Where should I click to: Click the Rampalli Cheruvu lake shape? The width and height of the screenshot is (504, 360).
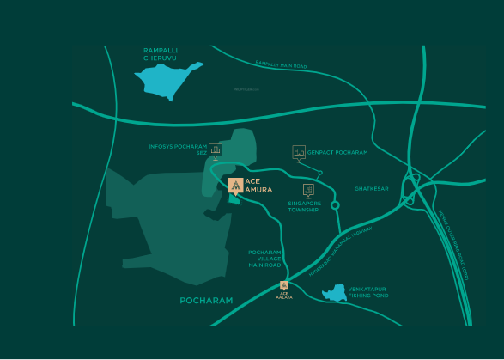coord(167,80)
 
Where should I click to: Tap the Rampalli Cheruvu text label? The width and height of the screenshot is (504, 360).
coord(161,53)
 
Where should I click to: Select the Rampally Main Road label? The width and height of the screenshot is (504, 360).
coord(281,64)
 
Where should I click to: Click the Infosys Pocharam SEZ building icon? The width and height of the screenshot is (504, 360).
coord(215,150)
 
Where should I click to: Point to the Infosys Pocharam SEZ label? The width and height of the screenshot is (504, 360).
coord(178,149)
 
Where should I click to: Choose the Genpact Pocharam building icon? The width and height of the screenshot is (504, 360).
coord(299,152)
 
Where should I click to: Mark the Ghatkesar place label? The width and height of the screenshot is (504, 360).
coord(372,188)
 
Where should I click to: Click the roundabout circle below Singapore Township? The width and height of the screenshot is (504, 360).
coord(336,205)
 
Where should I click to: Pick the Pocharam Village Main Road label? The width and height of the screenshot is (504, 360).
coord(265,259)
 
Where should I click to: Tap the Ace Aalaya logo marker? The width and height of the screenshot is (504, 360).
coord(284,286)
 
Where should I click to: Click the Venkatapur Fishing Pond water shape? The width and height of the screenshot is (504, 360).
coord(334,295)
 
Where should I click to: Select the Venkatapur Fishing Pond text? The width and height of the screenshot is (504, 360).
coord(368,292)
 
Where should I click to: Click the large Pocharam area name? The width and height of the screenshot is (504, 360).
coord(206,301)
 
